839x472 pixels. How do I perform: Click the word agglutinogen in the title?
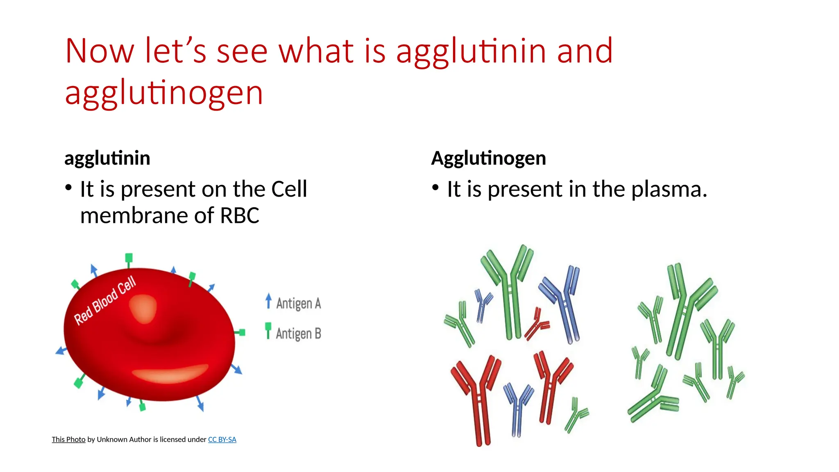click(164, 93)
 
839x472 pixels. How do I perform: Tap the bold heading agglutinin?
click(107, 158)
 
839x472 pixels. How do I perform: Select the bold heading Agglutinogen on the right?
click(488, 158)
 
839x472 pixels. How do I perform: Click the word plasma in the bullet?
click(669, 190)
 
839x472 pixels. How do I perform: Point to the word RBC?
click(240, 216)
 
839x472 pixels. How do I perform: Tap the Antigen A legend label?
click(298, 304)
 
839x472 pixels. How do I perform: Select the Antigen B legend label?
click(298, 334)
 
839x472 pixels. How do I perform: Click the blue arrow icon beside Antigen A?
click(268, 301)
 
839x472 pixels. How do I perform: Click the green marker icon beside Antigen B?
click(268, 330)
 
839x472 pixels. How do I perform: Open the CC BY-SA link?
click(222, 440)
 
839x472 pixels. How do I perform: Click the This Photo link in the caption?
click(68, 440)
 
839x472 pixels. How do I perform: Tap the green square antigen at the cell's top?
click(129, 258)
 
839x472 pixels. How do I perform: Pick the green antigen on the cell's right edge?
click(242, 332)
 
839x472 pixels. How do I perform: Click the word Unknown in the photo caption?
click(112, 440)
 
